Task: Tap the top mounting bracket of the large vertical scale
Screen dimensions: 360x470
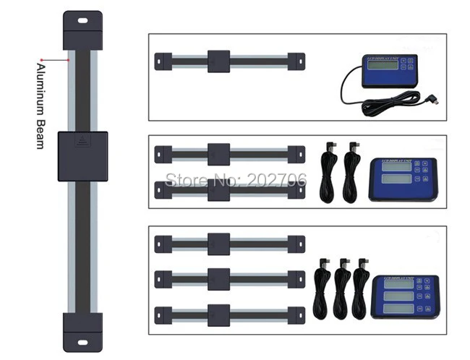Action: (x=82, y=30)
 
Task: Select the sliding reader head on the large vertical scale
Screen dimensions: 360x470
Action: (x=82, y=156)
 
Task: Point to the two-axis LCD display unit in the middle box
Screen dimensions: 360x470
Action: (x=402, y=178)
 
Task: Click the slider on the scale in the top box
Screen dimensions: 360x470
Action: (x=218, y=61)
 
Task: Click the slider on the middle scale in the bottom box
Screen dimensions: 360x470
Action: (x=218, y=278)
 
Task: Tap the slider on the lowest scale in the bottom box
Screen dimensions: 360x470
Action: (x=218, y=312)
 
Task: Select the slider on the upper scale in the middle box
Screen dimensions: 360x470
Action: (x=218, y=154)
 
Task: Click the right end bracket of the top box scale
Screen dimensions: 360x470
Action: (x=296, y=61)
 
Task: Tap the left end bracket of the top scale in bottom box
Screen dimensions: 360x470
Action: (x=163, y=244)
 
